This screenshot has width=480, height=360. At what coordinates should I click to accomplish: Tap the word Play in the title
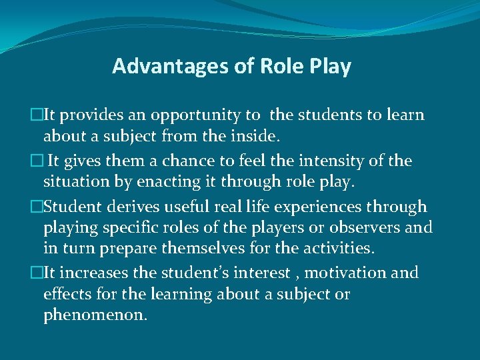(x=330, y=67)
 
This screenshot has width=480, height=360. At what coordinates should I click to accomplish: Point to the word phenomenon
(x=95, y=315)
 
